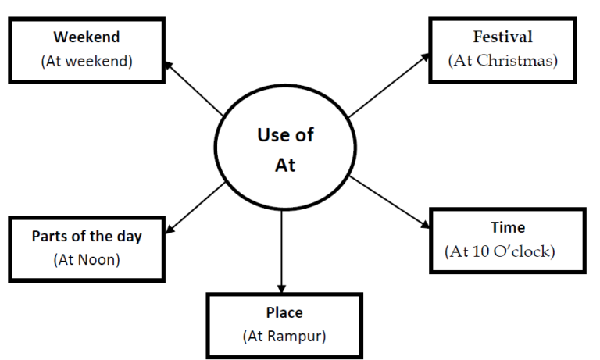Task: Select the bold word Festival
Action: (x=502, y=37)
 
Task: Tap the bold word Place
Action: (x=284, y=312)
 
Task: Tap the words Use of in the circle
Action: (x=285, y=134)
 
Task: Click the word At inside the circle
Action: (x=285, y=166)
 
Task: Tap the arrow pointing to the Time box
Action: (x=388, y=202)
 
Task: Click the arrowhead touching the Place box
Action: (x=281, y=287)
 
